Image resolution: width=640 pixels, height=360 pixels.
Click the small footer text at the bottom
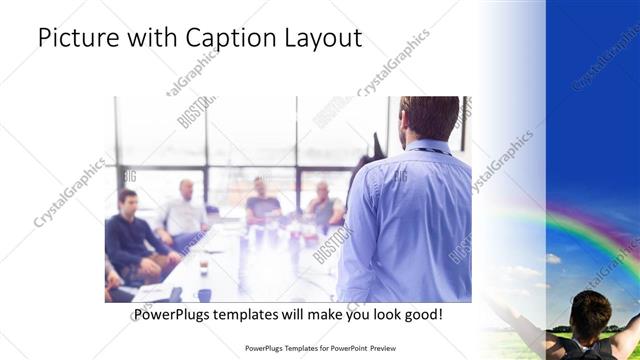coord(319,349)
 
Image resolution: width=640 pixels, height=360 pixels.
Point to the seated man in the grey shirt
coord(324,205)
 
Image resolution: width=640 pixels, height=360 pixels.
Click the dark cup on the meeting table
coord(202,267)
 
